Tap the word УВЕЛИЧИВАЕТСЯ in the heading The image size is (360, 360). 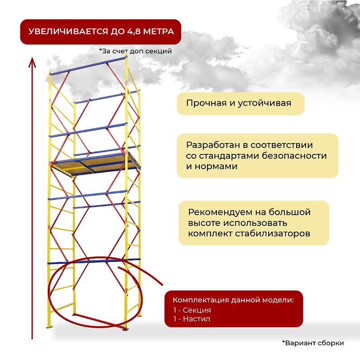(68, 31)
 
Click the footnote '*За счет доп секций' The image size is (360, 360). (135, 51)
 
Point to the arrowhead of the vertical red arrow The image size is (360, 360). (32, 62)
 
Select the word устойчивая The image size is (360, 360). (264, 103)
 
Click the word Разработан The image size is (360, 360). (213, 145)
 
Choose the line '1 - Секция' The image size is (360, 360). (192, 310)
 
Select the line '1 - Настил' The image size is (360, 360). (192, 319)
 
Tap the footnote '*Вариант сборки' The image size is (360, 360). (313, 343)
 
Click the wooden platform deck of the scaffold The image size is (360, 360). (95, 163)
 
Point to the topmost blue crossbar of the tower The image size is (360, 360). (88, 66)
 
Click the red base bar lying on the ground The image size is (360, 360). (99, 321)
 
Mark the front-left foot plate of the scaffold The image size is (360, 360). (49, 327)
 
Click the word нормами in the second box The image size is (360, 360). (216, 166)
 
